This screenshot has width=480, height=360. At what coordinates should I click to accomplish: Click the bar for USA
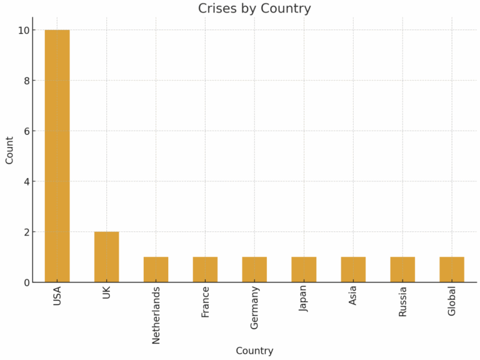[57, 156]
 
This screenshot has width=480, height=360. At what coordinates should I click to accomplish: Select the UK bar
[106, 257]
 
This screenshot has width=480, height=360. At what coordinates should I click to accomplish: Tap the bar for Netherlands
[156, 269]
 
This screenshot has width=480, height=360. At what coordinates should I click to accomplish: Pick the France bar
[205, 269]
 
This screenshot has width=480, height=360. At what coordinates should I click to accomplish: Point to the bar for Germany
[254, 269]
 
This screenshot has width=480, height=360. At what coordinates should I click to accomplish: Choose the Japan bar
[304, 269]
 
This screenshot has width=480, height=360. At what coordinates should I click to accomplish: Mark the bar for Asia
[353, 269]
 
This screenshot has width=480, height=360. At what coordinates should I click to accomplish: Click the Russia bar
[402, 269]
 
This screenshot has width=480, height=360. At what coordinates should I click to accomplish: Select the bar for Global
[452, 269]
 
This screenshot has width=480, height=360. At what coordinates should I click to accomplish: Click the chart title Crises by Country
[254, 9]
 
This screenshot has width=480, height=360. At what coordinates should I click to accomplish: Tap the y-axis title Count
[9, 150]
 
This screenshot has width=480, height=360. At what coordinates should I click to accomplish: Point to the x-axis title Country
[254, 351]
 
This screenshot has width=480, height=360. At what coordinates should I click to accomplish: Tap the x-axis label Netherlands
[156, 315]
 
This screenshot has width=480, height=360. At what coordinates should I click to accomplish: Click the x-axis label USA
[57, 297]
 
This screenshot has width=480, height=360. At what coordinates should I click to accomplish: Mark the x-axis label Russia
[403, 302]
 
